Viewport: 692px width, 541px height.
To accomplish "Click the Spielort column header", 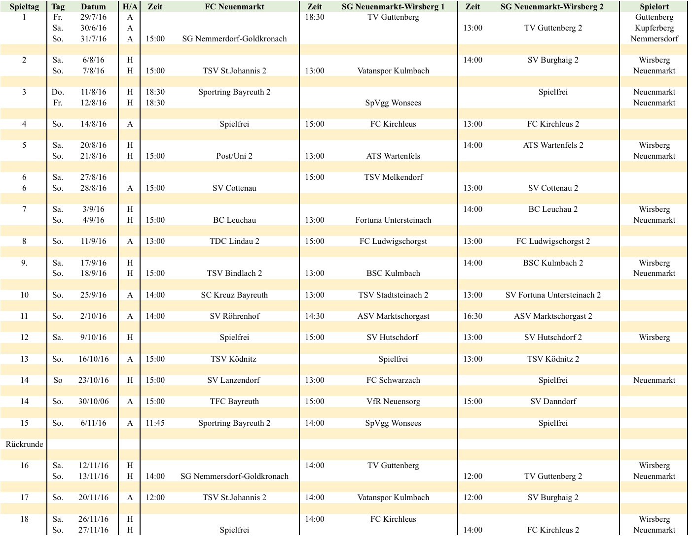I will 654,6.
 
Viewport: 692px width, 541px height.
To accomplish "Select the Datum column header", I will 93,6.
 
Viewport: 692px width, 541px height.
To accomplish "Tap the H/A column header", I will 130,6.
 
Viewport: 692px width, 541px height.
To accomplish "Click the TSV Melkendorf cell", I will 393,177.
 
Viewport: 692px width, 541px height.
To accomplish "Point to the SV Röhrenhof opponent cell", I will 234,316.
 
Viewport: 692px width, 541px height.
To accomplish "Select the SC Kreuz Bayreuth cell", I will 234,295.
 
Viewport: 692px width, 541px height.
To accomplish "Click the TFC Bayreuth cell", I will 234,402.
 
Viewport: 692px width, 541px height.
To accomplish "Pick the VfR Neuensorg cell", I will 393,402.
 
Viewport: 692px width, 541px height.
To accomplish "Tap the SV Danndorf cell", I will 553,402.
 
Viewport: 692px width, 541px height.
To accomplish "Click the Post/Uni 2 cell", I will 234,156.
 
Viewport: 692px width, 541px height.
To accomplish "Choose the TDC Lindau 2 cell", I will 234,241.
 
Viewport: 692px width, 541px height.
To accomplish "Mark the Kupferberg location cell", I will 654,28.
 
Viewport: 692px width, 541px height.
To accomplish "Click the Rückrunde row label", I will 24,444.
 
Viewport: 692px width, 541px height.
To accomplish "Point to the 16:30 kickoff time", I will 473,316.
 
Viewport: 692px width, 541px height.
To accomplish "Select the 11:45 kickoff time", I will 155,423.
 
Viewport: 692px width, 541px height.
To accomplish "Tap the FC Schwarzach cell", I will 393,380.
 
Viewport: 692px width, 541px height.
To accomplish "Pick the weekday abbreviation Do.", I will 58,92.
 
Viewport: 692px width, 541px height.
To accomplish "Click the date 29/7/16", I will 93,17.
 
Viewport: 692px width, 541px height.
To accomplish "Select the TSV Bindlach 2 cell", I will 234,273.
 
